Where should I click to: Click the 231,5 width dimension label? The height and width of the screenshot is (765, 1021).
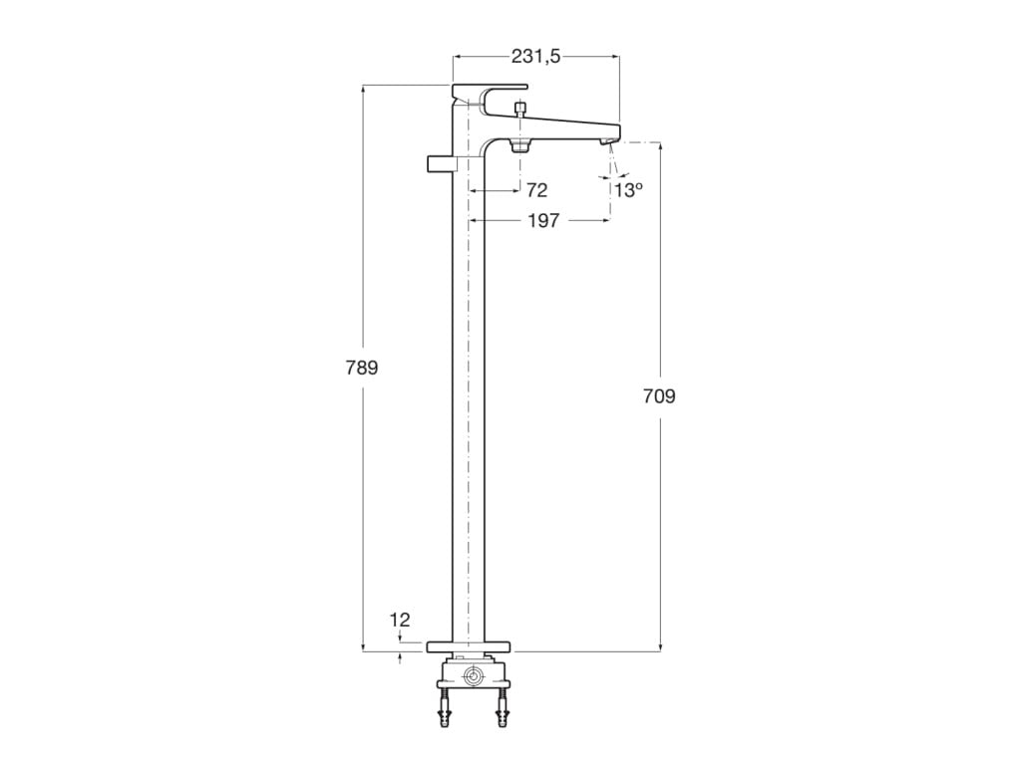(535, 58)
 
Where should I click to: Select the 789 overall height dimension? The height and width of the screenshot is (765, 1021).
(362, 368)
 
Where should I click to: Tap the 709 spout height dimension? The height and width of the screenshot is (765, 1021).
(659, 396)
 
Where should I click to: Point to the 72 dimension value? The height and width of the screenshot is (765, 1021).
(536, 190)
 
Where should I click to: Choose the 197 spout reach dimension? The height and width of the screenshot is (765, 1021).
(542, 220)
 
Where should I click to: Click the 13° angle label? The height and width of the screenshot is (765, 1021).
(628, 190)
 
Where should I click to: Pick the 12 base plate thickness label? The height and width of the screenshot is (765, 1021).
(400, 621)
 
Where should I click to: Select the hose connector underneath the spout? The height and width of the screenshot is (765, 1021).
(519, 146)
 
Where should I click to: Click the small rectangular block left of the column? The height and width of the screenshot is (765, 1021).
(439, 163)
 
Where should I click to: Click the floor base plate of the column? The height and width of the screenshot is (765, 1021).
(469, 646)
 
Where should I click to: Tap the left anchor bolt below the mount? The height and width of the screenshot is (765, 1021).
(444, 715)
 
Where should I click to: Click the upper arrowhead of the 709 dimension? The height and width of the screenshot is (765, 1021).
(659, 146)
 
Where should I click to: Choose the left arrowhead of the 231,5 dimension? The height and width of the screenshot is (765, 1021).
(458, 58)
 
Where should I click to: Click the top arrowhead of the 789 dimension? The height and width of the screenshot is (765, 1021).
(362, 90)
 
